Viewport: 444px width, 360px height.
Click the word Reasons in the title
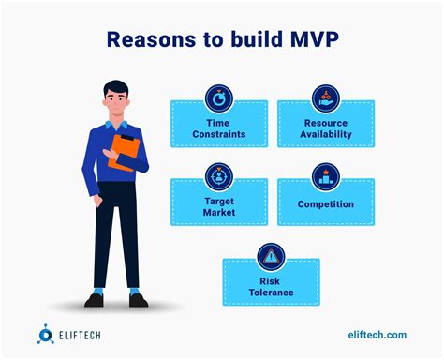coord(153,39)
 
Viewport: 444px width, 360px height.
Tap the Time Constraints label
coord(218,128)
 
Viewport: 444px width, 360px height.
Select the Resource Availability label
coord(326,128)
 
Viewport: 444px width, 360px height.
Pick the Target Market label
coord(218,207)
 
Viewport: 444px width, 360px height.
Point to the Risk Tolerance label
coord(272,286)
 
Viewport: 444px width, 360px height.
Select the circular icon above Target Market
coord(218,175)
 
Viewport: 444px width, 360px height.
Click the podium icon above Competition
coord(326,175)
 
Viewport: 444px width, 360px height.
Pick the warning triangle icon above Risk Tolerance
coord(272,255)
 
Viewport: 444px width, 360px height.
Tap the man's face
coord(117,104)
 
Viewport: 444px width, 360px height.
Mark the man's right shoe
coord(94,300)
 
